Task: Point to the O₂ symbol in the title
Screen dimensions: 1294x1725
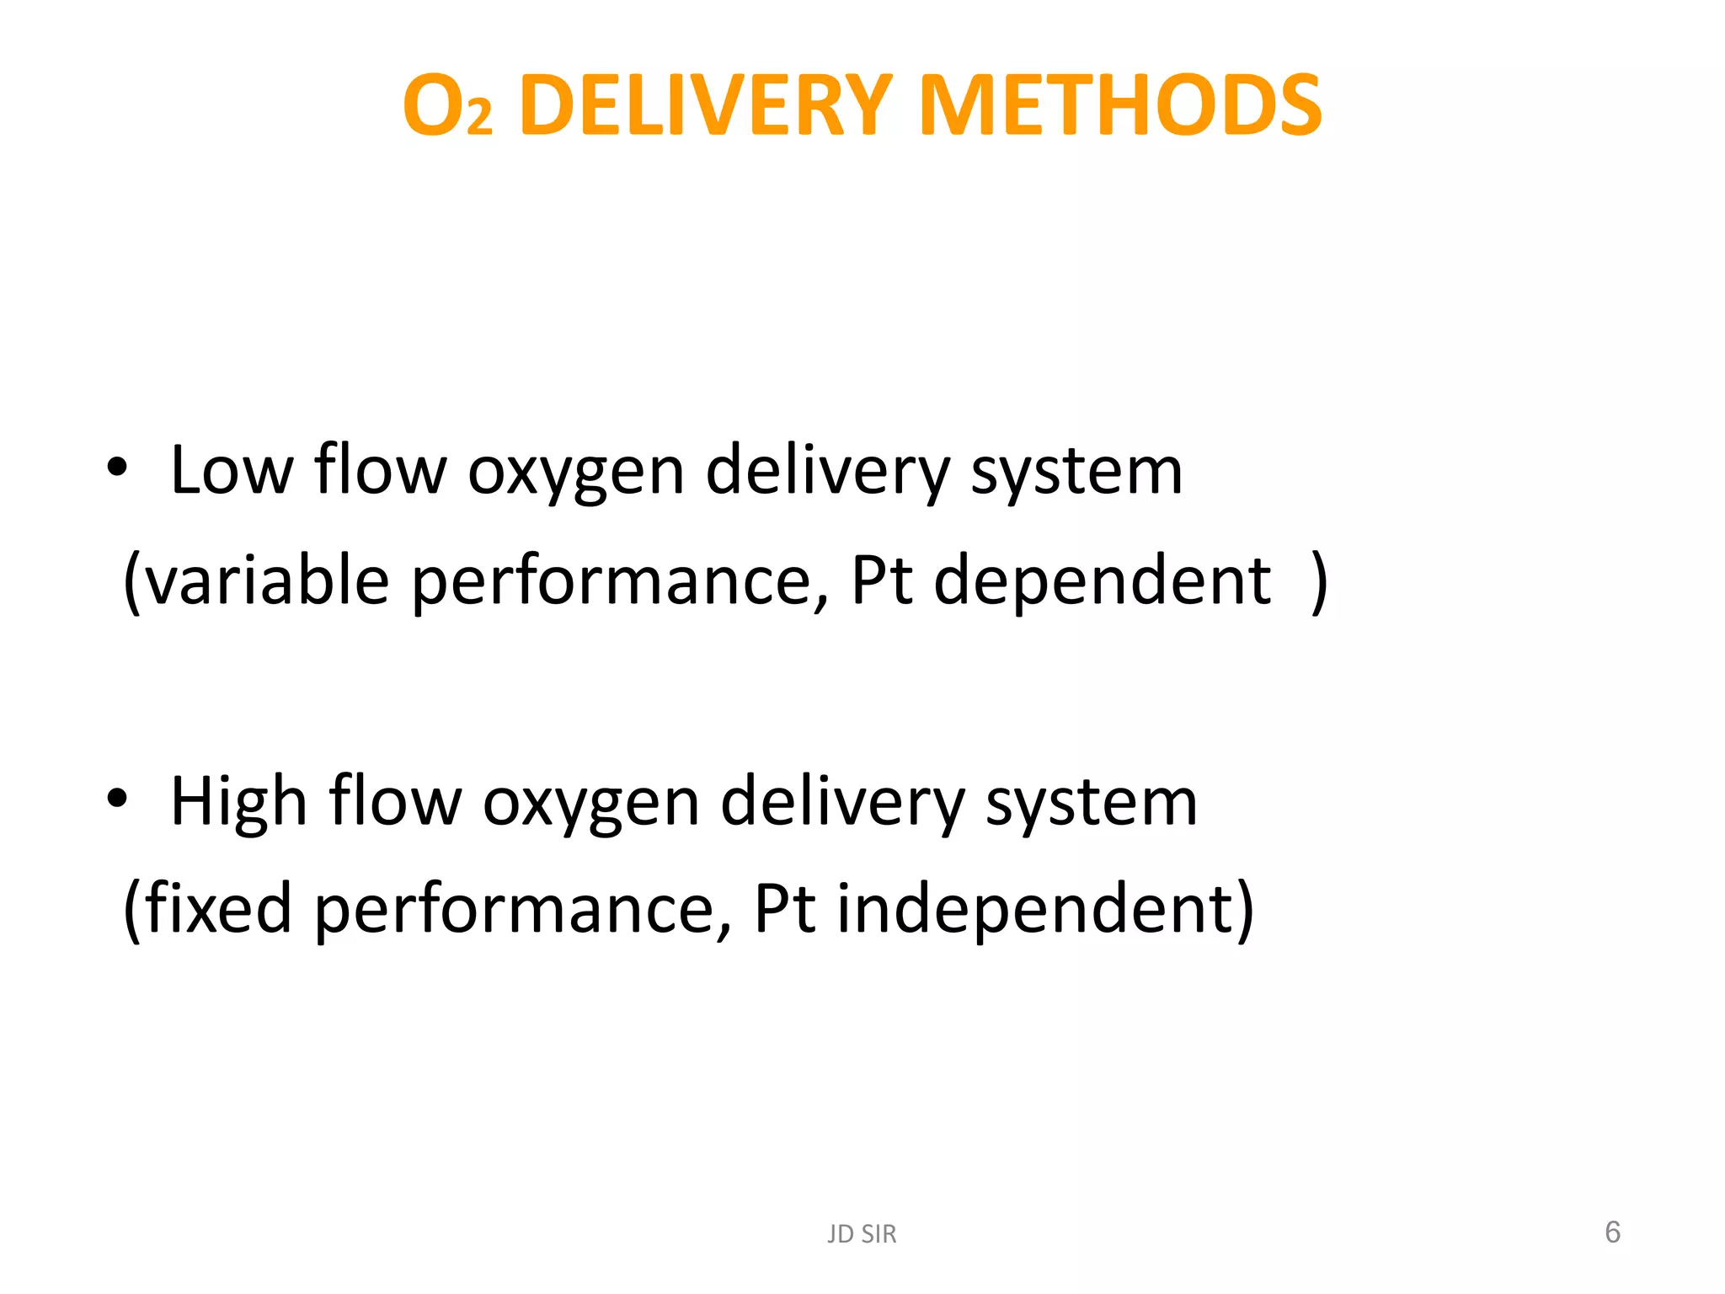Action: click(x=447, y=108)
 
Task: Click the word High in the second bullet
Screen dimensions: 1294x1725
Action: click(x=238, y=801)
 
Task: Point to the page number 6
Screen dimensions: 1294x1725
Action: click(x=1612, y=1232)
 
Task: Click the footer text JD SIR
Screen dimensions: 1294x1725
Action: click(x=862, y=1234)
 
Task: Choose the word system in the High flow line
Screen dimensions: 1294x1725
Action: click(x=1092, y=803)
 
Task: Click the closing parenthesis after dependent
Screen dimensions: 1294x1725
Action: click(x=1320, y=581)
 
